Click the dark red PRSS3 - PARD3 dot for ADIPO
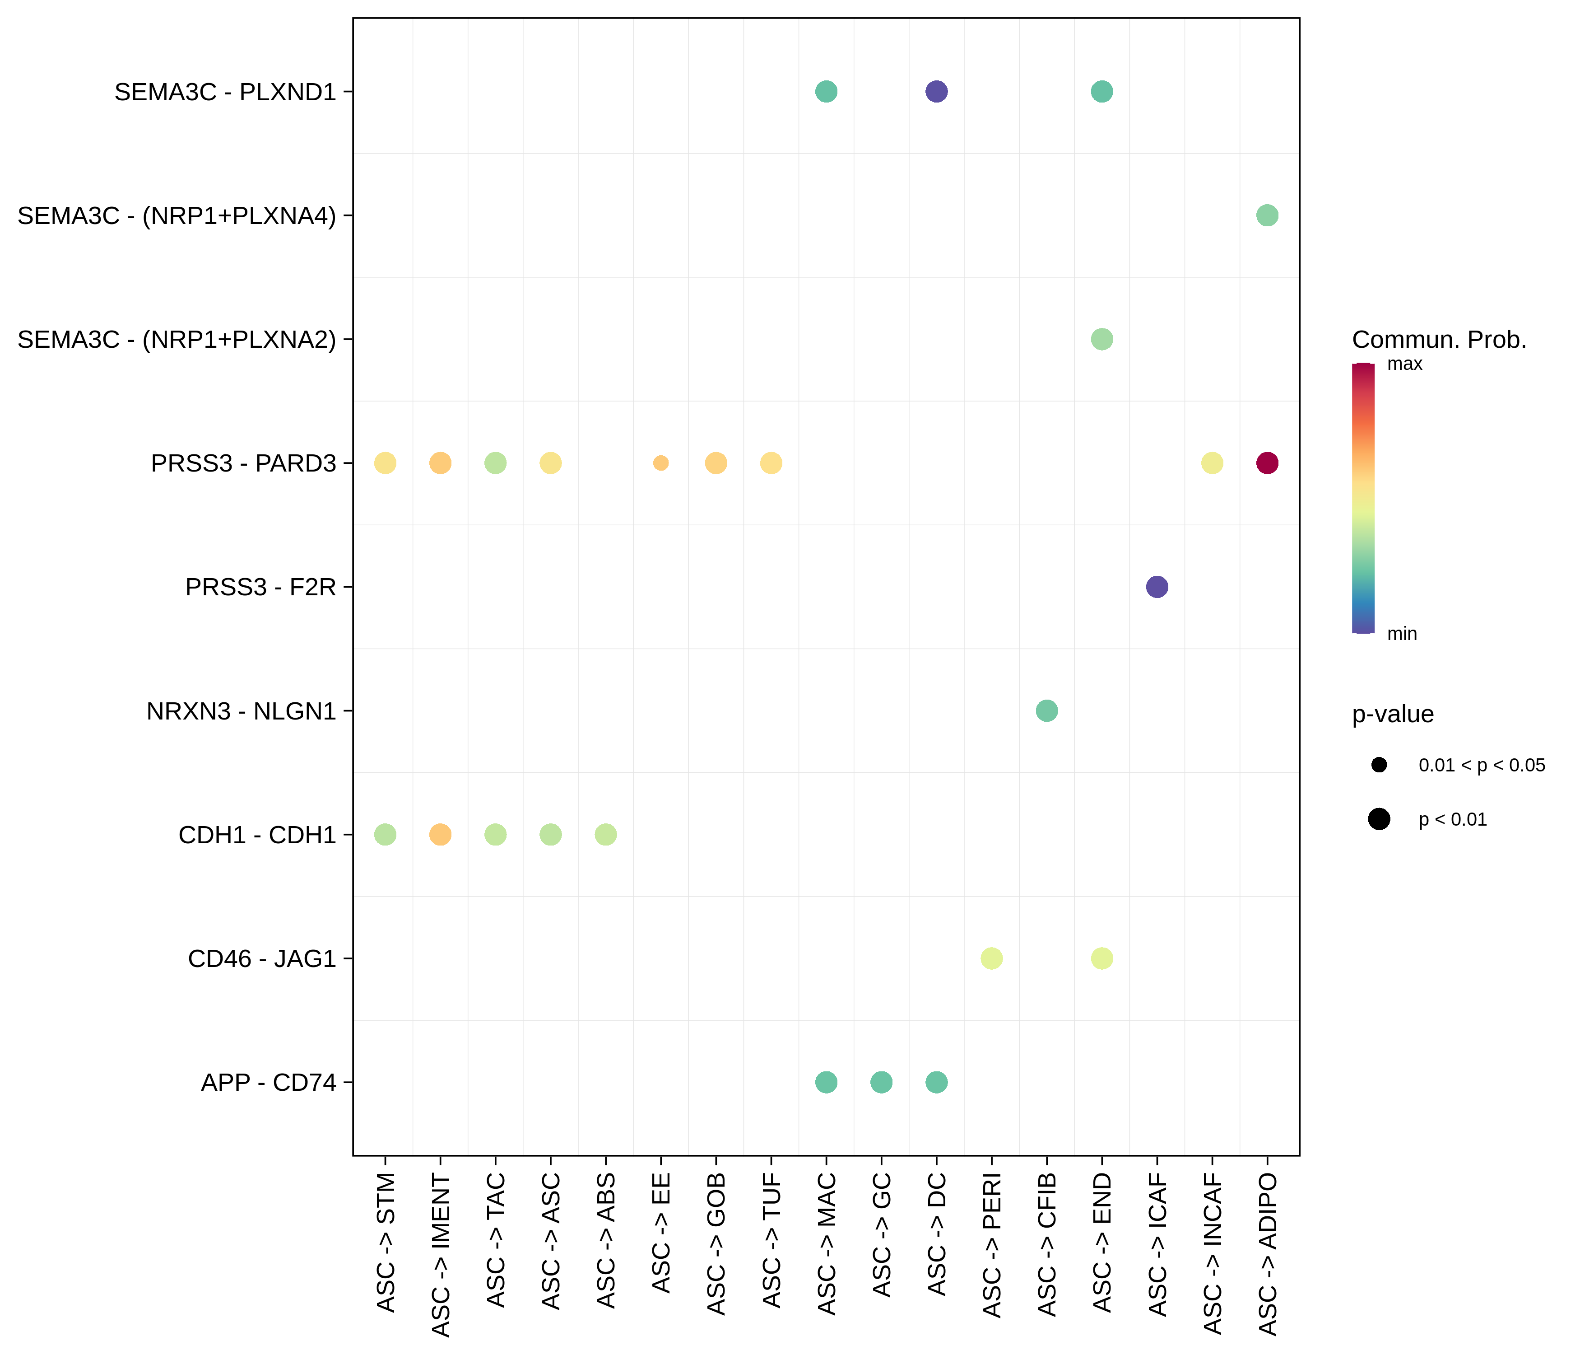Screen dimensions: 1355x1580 point(1267,463)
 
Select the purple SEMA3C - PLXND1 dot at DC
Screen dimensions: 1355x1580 point(936,92)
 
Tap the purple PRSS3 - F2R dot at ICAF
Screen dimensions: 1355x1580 point(1157,587)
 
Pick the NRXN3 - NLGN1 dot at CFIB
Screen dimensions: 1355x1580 point(1047,711)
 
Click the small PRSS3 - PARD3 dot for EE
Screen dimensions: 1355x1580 point(661,463)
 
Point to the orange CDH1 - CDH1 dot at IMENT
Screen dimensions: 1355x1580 point(440,835)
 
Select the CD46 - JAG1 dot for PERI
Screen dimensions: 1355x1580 point(991,958)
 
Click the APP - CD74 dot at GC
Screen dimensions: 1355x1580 point(881,1082)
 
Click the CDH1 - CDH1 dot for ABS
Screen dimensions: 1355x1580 point(605,835)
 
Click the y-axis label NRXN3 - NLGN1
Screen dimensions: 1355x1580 point(241,711)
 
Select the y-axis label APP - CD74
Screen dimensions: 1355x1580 point(269,1082)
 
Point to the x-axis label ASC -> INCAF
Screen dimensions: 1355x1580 point(1213,1255)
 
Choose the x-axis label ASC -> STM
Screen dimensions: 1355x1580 point(386,1243)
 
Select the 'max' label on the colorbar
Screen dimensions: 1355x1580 point(1404,364)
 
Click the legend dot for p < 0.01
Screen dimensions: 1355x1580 point(1379,819)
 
